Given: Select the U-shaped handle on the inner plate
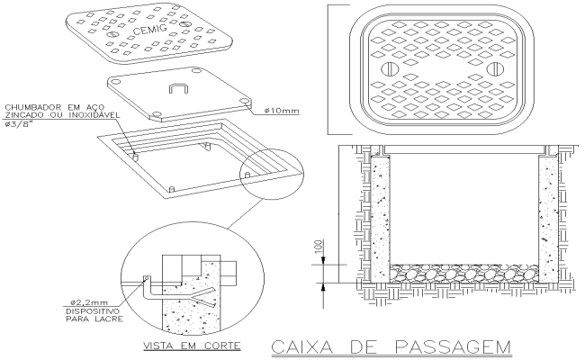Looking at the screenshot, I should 177,89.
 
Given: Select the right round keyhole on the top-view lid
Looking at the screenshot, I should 492,70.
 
